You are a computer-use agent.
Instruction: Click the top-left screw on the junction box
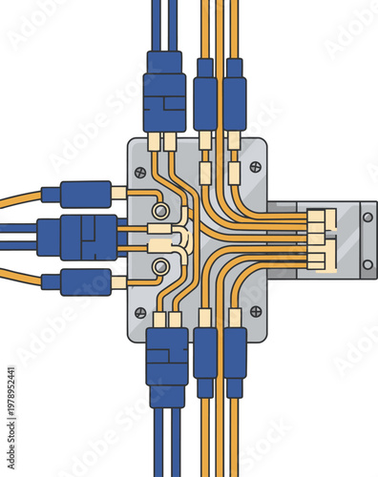[x=140, y=173]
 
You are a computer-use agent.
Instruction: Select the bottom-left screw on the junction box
[x=140, y=313]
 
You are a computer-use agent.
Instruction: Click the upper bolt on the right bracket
[x=367, y=217]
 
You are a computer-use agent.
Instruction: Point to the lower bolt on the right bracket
[x=367, y=264]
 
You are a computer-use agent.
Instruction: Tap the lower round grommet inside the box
[x=162, y=266]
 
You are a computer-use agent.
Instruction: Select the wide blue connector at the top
[x=164, y=92]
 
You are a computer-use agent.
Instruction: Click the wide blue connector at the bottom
[x=167, y=355]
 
